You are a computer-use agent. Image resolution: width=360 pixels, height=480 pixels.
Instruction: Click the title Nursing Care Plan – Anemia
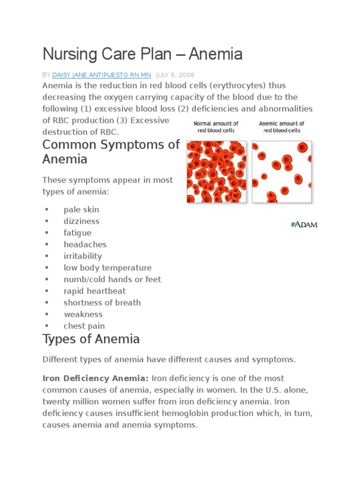click(142, 54)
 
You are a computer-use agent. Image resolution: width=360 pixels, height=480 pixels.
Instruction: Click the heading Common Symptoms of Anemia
click(111, 152)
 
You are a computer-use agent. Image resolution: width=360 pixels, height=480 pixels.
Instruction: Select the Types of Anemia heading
click(91, 338)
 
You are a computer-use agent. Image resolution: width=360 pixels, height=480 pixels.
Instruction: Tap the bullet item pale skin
click(81, 210)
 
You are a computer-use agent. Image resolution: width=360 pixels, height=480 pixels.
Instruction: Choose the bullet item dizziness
click(81, 221)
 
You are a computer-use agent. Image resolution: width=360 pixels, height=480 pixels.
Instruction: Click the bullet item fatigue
click(77, 233)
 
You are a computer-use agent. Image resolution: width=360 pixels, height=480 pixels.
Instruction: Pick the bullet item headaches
click(85, 245)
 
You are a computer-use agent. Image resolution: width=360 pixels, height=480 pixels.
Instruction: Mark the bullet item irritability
click(82, 256)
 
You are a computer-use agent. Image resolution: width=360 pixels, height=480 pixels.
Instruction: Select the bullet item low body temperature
click(107, 268)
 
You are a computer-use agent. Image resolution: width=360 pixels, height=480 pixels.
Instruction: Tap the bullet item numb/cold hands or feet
click(112, 279)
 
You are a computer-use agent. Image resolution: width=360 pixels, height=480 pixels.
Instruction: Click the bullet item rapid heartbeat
click(95, 291)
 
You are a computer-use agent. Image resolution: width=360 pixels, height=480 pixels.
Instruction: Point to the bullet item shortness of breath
click(102, 303)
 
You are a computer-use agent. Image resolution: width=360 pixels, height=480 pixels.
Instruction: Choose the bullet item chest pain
click(84, 326)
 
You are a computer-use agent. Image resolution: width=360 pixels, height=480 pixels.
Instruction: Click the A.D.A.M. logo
click(304, 225)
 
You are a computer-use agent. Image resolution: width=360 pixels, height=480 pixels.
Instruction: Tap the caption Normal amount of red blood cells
click(216, 127)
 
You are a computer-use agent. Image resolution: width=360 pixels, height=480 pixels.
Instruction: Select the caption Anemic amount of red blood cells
click(281, 127)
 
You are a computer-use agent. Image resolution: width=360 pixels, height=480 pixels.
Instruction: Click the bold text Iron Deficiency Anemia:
click(96, 378)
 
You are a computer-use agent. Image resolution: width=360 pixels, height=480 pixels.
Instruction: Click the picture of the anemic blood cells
click(281, 172)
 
